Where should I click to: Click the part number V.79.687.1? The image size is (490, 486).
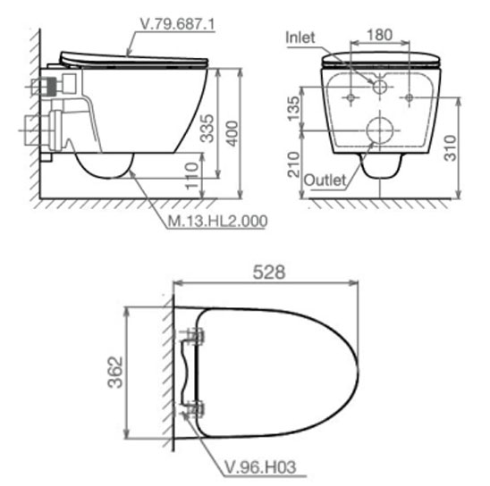coord(178,24)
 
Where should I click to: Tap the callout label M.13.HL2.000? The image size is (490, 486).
coord(218,221)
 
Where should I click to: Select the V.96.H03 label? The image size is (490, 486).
coord(260,467)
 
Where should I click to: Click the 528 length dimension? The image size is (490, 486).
coord(269,272)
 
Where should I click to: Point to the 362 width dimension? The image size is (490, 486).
coord(115,372)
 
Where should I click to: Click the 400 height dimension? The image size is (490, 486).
coord(232,134)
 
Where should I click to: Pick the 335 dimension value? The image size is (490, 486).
coord(207,129)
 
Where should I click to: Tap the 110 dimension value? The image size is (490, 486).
coord(192,176)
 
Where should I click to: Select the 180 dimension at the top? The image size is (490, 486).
coord(379,35)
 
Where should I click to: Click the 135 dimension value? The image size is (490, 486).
coord(293,109)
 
